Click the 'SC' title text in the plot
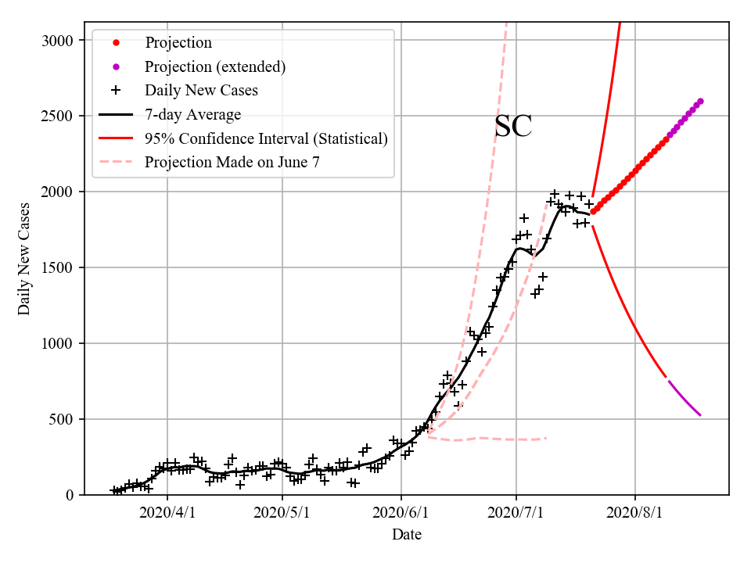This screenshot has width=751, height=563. (x=513, y=127)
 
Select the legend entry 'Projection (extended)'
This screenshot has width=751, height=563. (x=214, y=66)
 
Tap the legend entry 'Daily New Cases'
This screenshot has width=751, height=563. (x=201, y=90)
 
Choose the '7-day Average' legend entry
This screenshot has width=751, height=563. (x=192, y=114)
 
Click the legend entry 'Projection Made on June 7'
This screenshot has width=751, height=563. (x=232, y=163)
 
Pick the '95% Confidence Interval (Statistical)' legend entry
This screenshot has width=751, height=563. (x=266, y=138)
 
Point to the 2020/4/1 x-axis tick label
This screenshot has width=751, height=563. (x=167, y=514)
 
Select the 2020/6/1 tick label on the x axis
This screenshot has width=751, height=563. (x=401, y=514)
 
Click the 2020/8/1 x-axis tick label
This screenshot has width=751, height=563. (x=635, y=514)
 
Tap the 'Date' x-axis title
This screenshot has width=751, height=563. (x=407, y=535)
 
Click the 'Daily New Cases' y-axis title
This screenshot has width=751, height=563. (x=24, y=259)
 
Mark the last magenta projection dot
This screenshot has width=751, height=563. (x=700, y=101)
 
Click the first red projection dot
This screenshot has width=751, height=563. (x=593, y=211)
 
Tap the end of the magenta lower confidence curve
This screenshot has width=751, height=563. (x=700, y=415)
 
